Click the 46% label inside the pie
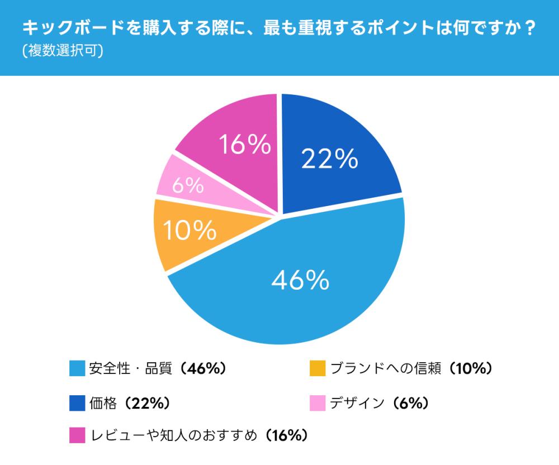pyautogui.click(x=300, y=281)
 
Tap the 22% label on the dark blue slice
pyautogui.click(x=329, y=159)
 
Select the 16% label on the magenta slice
pyautogui.click(x=245, y=146)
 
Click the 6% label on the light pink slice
pyautogui.click(x=187, y=186)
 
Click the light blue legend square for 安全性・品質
pyautogui.click(x=77, y=368)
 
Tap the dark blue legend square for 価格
pyautogui.click(x=77, y=402)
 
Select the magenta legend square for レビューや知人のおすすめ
pyautogui.click(x=77, y=435)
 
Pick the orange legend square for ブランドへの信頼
pyautogui.click(x=317, y=368)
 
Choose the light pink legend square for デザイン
pyautogui.click(x=317, y=402)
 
